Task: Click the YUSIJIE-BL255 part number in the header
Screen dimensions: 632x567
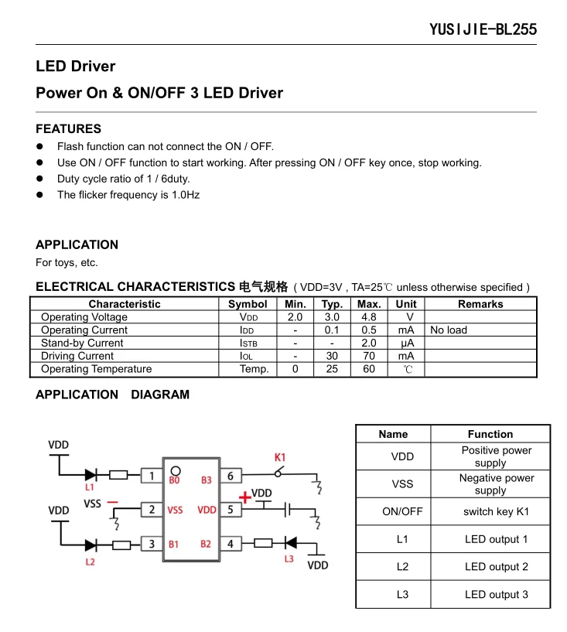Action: (x=483, y=30)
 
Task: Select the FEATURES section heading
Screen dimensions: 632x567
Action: (x=68, y=128)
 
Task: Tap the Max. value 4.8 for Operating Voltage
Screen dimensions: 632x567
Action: (x=369, y=317)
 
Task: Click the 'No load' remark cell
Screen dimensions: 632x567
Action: (x=449, y=330)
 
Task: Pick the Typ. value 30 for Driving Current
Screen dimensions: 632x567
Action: (x=332, y=356)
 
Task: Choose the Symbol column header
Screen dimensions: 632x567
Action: (x=248, y=304)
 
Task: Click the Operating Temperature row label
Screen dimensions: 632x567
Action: (x=96, y=369)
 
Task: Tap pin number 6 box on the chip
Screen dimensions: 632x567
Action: (x=231, y=476)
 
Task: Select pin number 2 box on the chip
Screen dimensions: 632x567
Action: (x=152, y=510)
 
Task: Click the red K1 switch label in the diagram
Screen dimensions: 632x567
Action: (x=280, y=457)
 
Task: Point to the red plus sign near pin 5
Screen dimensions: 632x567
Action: (x=244, y=496)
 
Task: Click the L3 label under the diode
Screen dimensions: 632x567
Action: (x=289, y=559)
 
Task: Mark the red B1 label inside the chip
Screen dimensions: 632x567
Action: (x=174, y=545)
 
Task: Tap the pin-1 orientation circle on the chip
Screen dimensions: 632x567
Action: (x=176, y=470)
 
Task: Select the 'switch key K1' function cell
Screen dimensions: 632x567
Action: (x=496, y=511)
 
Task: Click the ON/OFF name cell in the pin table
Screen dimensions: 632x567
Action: (x=402, y=511)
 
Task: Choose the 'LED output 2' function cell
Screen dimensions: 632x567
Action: (x=496, y=567)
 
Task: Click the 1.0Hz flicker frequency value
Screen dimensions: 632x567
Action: (x=185, y=195)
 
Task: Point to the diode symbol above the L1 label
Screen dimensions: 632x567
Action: (x=91, y=475)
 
